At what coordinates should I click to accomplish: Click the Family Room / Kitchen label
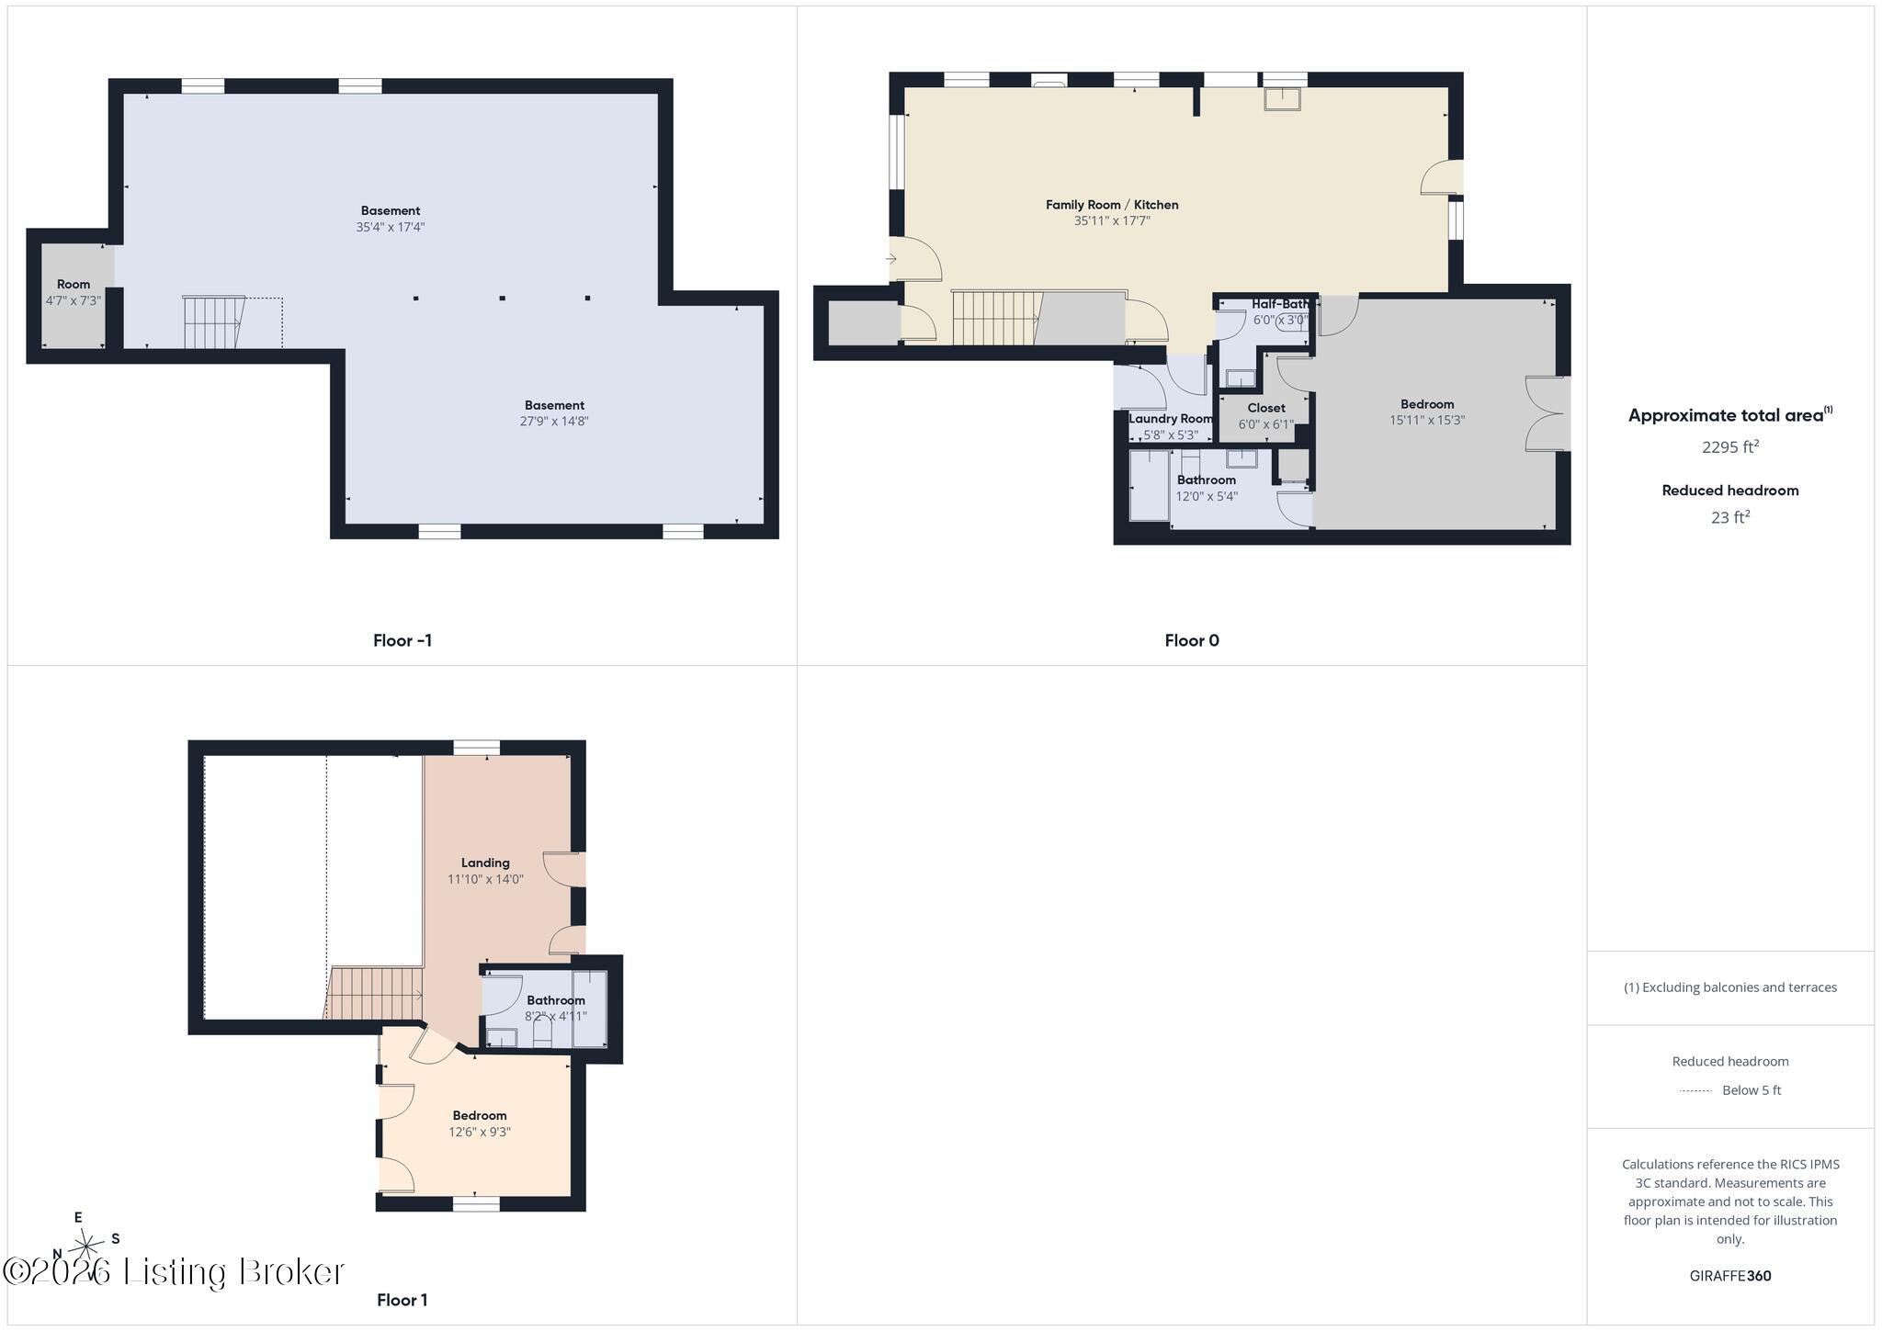click(x=1112, y=205)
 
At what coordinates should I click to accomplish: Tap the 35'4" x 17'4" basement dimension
click(x=391, y=227)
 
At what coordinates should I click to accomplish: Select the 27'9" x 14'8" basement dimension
click(x=554, y=422)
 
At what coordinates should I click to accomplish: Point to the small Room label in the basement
click(x=74, y=284)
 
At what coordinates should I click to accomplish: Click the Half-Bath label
click(x=1280, y=304)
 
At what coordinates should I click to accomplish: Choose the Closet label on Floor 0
click(x=1266, y=408)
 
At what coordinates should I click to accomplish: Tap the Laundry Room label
click(x=1171, y=419)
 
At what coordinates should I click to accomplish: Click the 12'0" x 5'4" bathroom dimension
click(x=1207, y=496)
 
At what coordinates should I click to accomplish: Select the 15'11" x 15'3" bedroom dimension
click(x=1427, y=420)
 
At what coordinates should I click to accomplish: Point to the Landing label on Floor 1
click(x=485, y=863)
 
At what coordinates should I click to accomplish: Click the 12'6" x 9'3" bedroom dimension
click(x=480, y=1132)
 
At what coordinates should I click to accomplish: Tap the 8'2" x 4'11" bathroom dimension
click(x=556, y=1016)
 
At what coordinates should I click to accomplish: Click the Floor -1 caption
click(x=402, y=640)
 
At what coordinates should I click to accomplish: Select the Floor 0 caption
click(x=1192, y=640)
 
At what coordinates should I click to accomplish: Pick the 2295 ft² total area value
click(x=1730, y=446)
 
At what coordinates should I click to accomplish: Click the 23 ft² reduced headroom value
click(x=1730, y=517)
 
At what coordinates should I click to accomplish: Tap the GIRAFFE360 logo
click(x=1730, y=1275)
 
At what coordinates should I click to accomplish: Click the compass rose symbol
click(x=86, y=1246)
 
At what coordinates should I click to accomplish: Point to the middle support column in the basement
click(x=502, y=298)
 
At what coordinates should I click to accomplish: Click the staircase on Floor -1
click(x=214, y=322)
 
